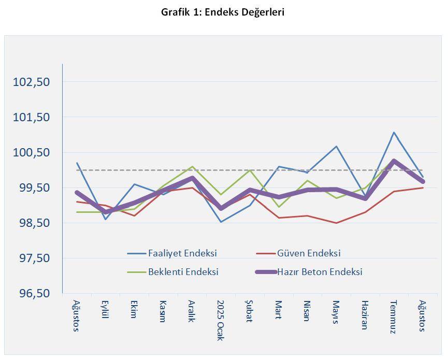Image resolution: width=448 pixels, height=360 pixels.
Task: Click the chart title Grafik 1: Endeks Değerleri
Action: pyautogui.click(x=223, y=12)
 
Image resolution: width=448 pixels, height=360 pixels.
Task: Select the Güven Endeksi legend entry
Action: pyautogui.click(x=309, y=253)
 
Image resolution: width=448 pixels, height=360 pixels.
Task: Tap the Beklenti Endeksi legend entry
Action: pyautogui.click(x=183, y=271)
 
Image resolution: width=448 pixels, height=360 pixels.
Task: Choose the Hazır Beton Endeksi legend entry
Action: pyautogui.click(x=320, y=271)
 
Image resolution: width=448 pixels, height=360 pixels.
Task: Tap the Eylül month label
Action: pyautogui.click(x=105, y=309)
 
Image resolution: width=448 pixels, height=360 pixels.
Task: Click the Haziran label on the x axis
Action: pyautogui.click(x=365, y=314)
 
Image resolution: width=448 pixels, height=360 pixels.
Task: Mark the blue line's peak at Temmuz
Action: pyautogui.click(x=394, y=133)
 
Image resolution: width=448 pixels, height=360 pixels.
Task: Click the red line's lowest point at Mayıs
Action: pyautogui.click(x=336, y=223)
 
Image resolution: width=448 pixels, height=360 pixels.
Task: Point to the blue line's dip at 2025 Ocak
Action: pyautogui.click(x=221, y=222)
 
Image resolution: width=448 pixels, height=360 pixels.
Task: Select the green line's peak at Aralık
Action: pyautogui.click(x=192, y=167)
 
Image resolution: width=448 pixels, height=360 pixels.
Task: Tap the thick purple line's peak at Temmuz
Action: pyautogui.click(x=394, y=161)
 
